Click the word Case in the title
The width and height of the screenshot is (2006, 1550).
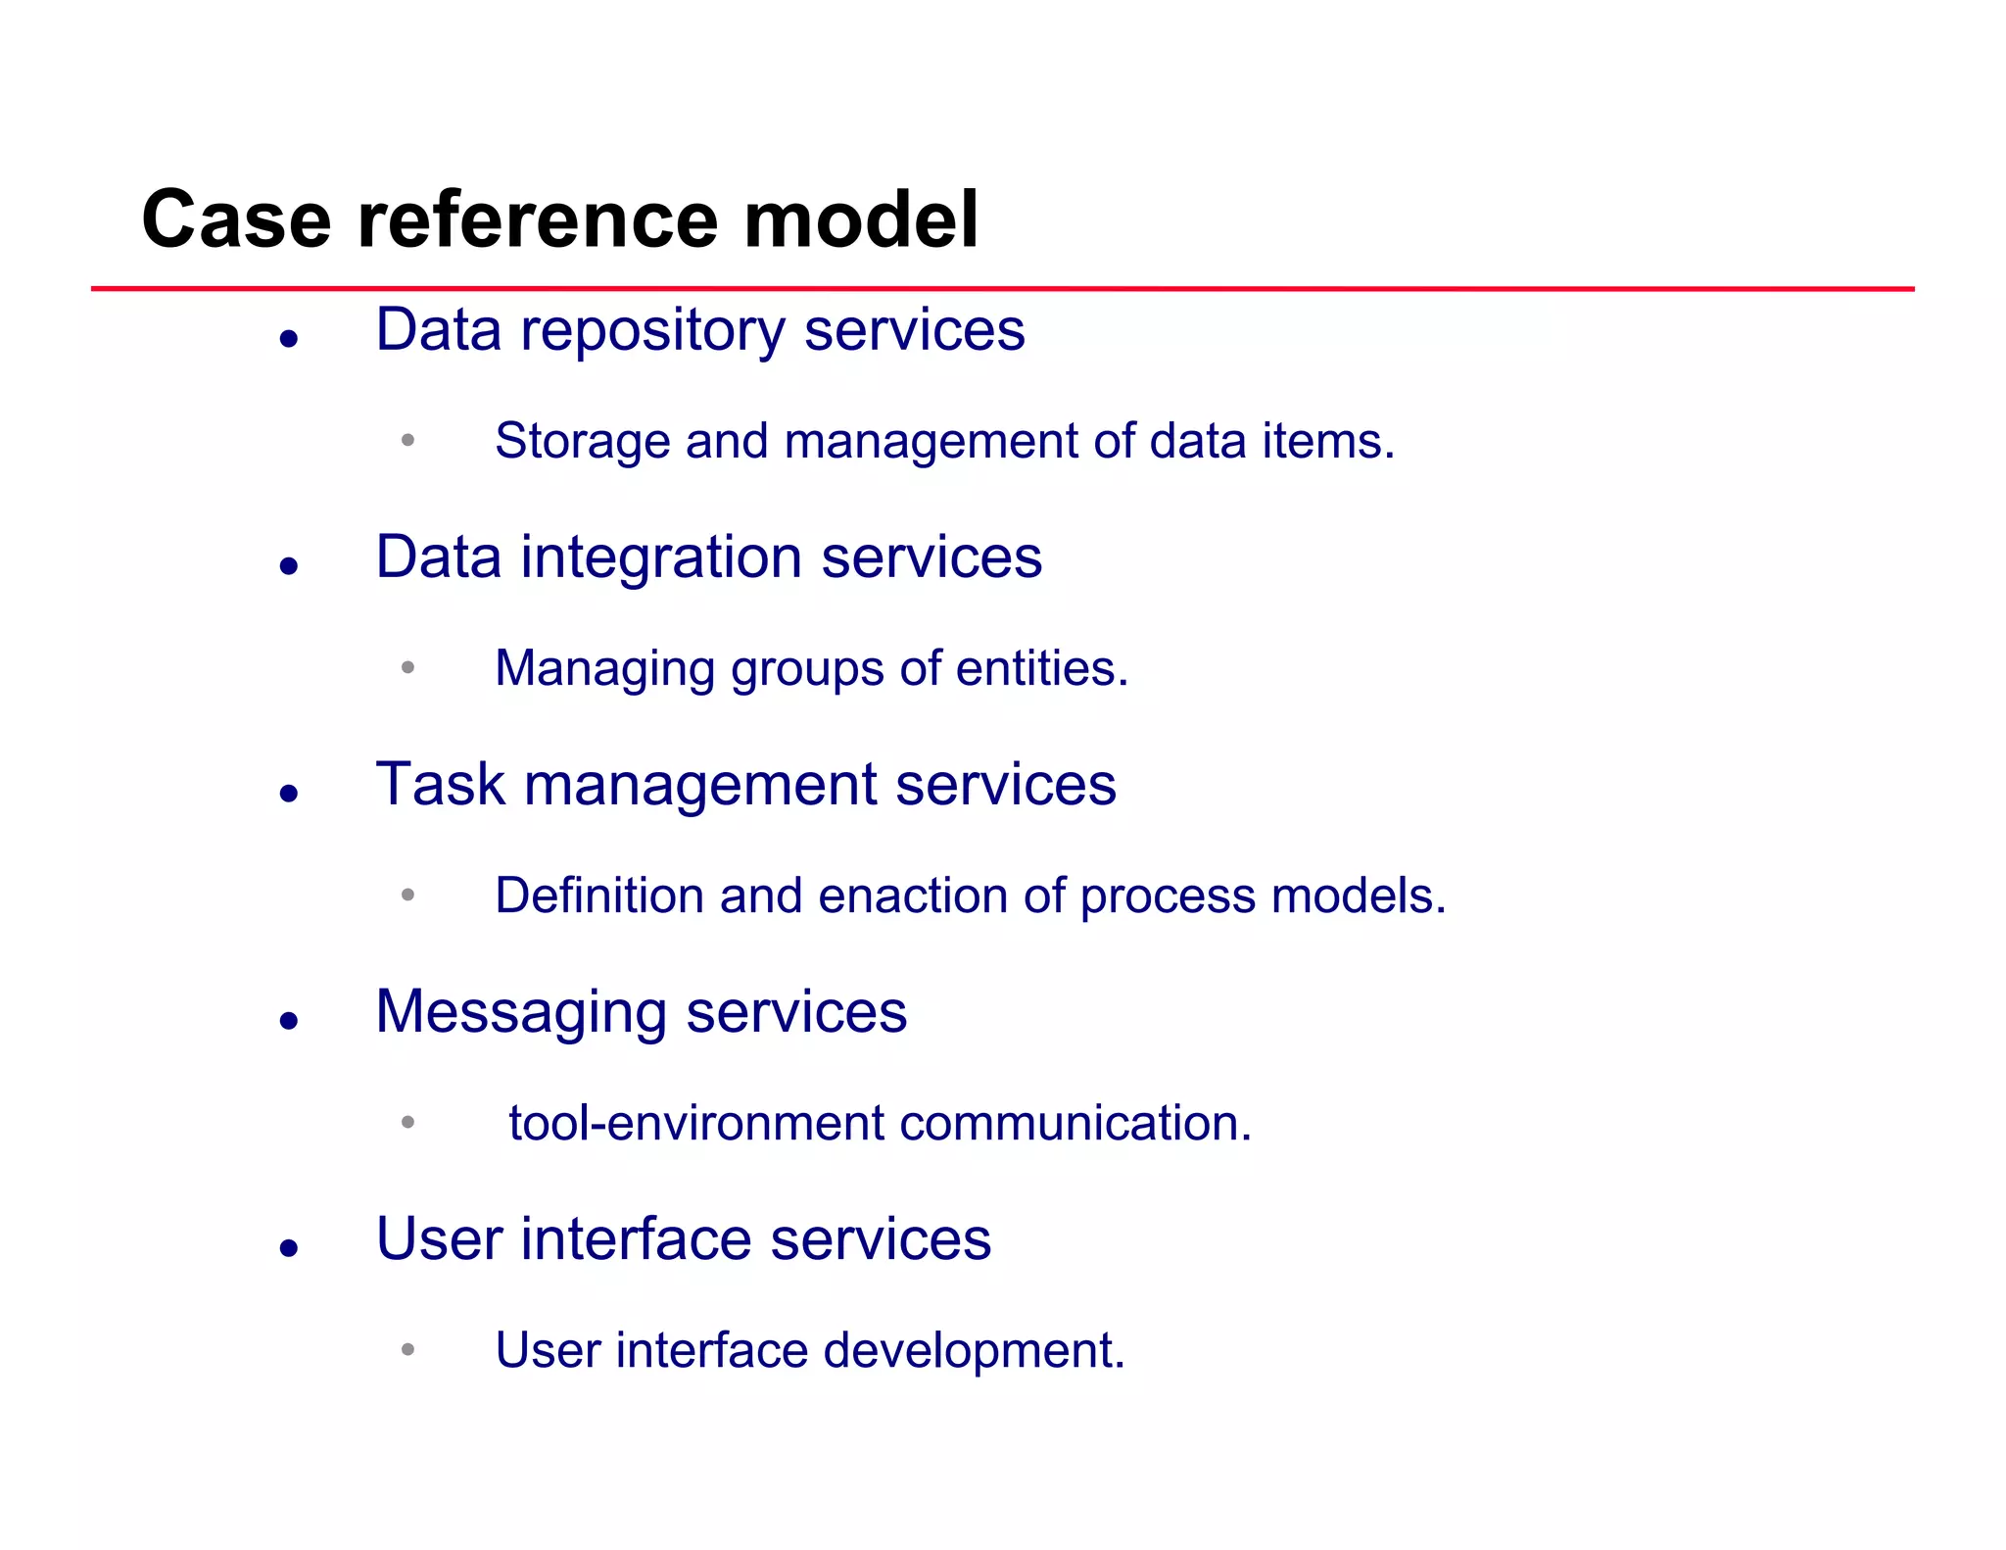pos(236,219)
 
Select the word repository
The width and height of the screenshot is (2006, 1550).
pos(652,331)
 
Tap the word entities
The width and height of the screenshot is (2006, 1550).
pos(1041,669)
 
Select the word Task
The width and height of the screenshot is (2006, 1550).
pos(440,785)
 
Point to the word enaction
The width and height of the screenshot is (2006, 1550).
pos(912,896)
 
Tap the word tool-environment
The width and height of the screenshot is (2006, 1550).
pos(695,1123)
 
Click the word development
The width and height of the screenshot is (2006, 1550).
pos(974,1350)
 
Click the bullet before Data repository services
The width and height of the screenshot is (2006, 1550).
pos(288,339)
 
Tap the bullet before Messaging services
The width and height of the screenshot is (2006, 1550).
pos(288,1021)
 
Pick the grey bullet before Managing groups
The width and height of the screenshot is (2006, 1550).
pos(407,668)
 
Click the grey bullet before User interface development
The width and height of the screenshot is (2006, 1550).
pos(407,1350)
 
